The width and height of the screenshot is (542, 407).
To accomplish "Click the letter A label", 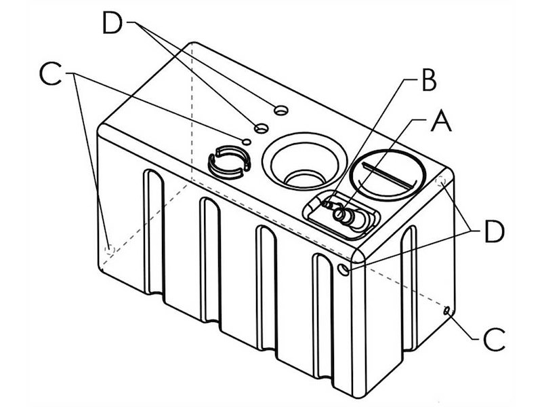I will (x=440, y=123).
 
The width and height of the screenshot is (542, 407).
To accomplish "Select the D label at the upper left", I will (x=112, y=24).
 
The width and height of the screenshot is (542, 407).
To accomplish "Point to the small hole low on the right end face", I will (x=447, y=311).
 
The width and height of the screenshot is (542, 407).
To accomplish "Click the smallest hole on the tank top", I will (x=247, y=140).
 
